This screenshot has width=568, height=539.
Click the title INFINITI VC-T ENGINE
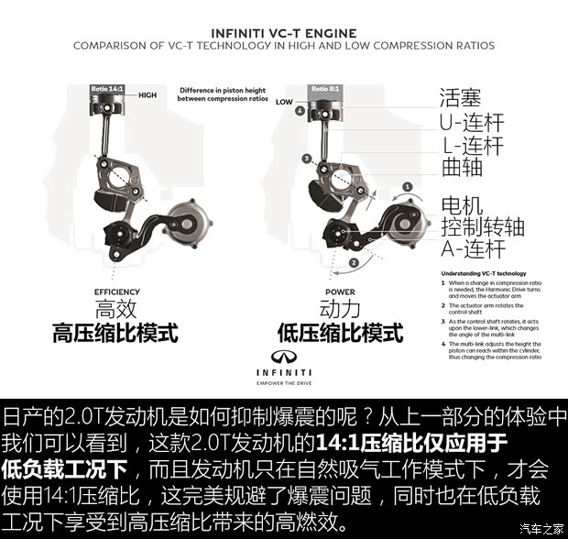click(283, 29)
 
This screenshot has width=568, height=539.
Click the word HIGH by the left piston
click(147, 94)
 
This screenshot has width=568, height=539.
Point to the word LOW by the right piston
click(284, 102)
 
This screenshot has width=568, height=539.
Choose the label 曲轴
click(461, 169)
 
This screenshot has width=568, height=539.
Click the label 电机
click(461, 203)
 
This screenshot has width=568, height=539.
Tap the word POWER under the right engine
click(339, 291)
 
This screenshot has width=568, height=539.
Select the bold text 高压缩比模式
click(115, 333)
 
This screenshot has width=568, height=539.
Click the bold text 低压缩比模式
click(339, 333)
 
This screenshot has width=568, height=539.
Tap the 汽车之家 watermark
click(541, 527)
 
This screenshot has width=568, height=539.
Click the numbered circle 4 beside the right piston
click(300, 111)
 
